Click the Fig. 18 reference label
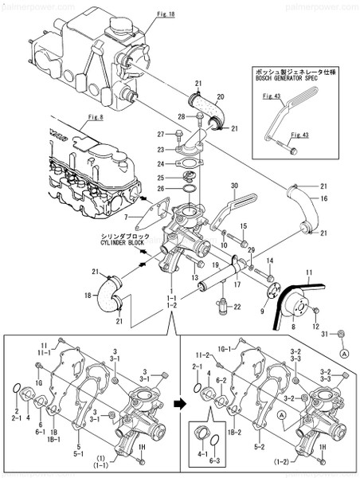[x=166, y=14]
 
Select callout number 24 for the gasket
[x=160, y=163]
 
